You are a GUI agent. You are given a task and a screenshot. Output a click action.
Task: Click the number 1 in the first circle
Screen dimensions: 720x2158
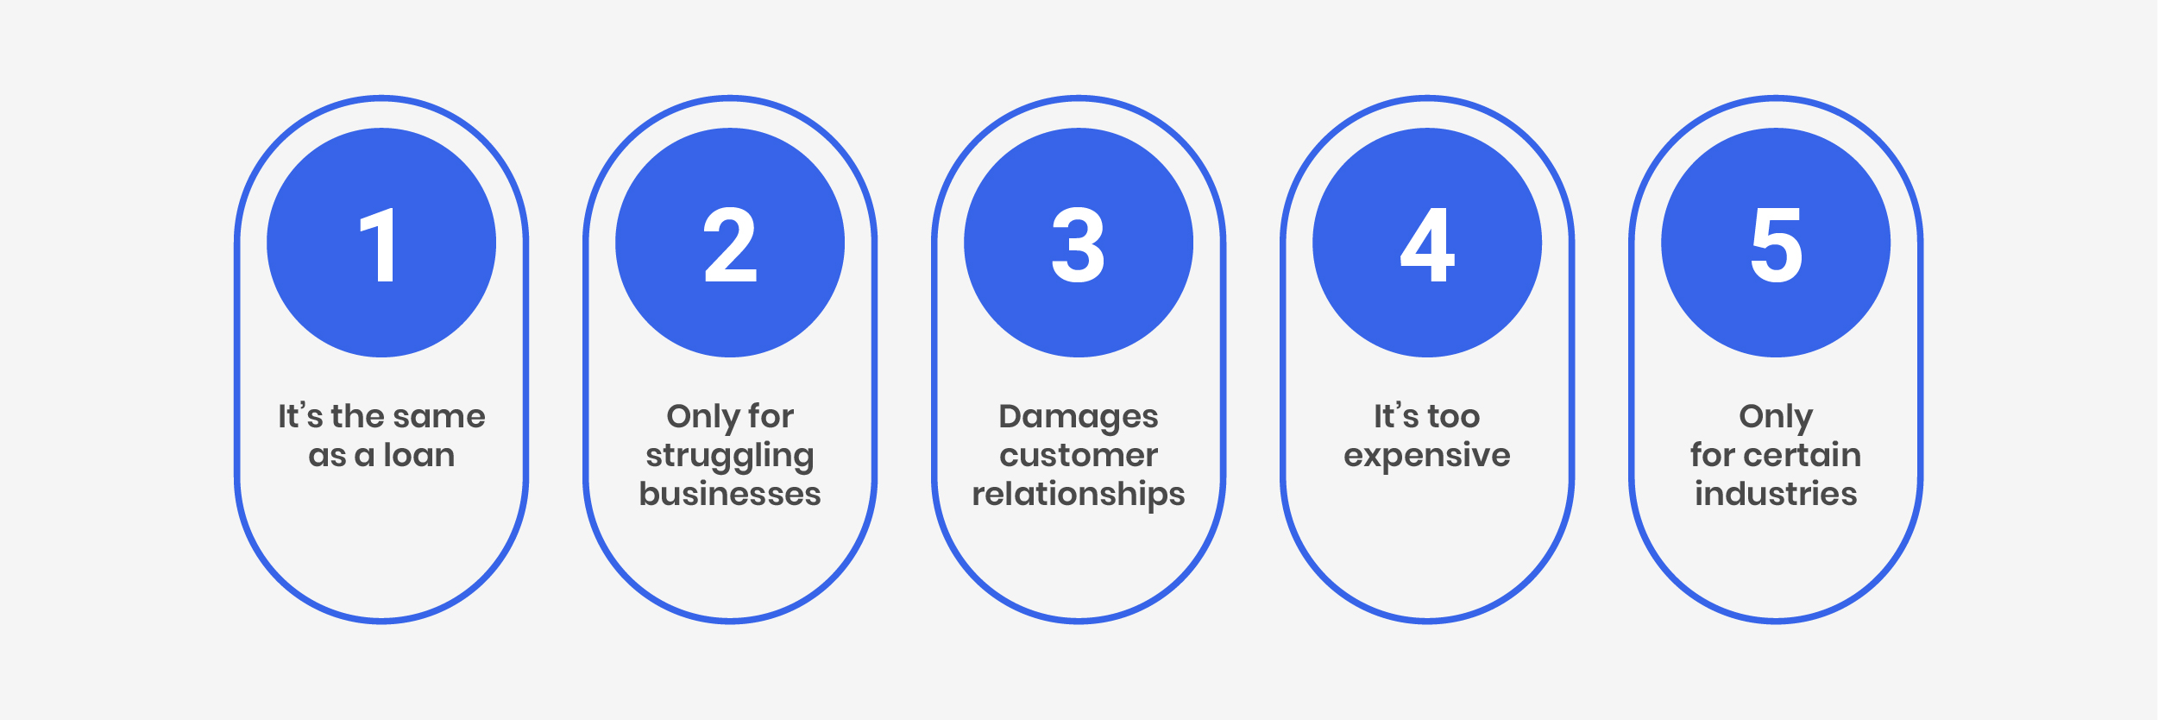380,245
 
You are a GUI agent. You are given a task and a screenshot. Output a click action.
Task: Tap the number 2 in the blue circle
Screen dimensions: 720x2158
730,245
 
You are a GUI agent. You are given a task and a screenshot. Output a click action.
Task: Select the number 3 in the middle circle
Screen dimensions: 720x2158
1078,245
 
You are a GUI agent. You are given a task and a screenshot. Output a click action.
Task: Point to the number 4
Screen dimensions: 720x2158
1427,245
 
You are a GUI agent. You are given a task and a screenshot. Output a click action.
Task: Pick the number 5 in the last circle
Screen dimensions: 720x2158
1776,245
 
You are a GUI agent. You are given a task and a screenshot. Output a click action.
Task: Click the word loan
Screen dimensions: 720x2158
418,455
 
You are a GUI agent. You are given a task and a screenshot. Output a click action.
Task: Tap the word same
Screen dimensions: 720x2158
442,416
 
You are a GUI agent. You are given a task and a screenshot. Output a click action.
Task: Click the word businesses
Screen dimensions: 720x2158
730,494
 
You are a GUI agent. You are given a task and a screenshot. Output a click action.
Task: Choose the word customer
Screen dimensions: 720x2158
1079,455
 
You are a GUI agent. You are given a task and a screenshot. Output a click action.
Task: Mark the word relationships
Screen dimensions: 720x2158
1079,495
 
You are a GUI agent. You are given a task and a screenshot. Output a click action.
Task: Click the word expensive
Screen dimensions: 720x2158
1427,456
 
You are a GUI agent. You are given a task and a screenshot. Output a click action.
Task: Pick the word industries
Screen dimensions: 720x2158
1776,494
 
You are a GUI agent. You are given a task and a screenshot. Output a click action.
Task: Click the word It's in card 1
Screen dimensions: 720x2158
299,416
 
